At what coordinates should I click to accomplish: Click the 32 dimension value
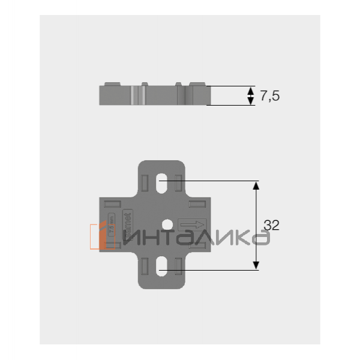click(272, 226)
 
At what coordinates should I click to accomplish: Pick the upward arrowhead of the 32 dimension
click(256, 185)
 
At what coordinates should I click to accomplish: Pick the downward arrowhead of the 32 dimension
click(256, 265)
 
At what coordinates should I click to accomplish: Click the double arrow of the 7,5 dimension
click(251, 95)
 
